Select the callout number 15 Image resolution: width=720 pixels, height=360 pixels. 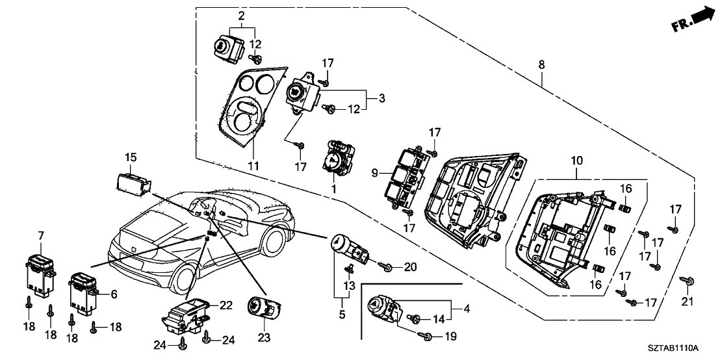131,157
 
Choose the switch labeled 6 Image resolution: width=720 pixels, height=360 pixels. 83,290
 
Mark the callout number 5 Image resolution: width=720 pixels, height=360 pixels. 341,315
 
